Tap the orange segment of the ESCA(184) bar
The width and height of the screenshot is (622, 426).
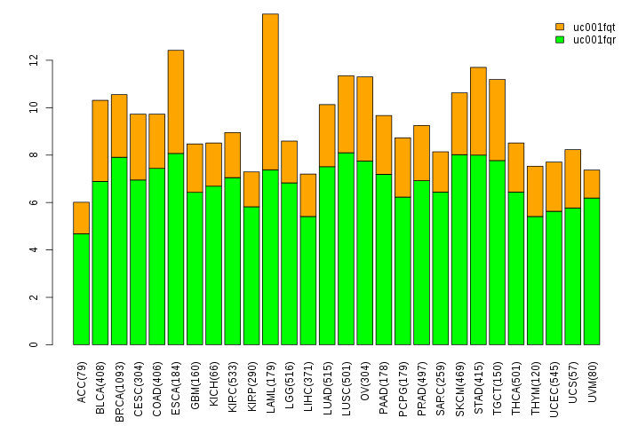[176, 101]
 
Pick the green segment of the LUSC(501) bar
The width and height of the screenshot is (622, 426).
[346, 248]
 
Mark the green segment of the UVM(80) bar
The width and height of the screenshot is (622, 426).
[592, 271]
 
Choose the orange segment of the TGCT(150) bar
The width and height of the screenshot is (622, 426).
[497, 120]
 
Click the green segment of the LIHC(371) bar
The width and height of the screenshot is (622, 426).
[307, 280]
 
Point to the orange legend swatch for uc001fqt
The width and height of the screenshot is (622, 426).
[560, 28]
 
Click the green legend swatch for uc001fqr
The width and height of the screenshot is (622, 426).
[560, 39]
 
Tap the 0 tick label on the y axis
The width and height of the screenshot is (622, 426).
[35, 344]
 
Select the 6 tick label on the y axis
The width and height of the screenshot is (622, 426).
[35, 202]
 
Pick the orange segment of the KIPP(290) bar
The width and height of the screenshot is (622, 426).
[251, 189]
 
